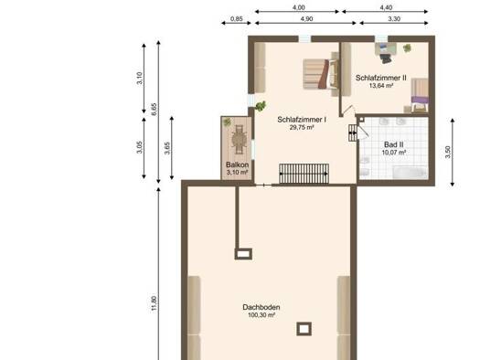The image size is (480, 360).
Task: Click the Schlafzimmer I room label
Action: [302, 120]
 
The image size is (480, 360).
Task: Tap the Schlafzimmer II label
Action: [381, 78]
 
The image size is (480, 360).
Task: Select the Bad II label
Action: [394, 144]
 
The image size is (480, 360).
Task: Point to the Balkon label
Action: [237, 164]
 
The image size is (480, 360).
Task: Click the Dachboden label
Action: [261, 307]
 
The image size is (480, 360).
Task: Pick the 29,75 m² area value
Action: [302, 128]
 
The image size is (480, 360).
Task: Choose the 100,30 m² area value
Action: [261, 315]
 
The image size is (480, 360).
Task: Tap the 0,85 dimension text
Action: [236, 18]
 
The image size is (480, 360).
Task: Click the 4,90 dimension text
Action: [306, 18]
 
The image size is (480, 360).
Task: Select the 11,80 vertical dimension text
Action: [154, 303]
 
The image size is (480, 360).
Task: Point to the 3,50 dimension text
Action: [448, 152]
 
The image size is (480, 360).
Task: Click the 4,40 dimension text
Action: [386, 7]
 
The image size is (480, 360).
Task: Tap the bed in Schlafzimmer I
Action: [321, 74]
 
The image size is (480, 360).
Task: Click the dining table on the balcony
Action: [239, 141]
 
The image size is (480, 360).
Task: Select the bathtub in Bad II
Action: [410, 172]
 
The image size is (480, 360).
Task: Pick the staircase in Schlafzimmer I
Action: [304, 174]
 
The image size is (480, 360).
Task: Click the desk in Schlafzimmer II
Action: [386, 49]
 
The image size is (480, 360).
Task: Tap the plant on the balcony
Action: [227, 122]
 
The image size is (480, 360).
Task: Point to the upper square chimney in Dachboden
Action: [243, 254]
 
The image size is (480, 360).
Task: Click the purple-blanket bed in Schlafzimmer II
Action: [419, 95]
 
